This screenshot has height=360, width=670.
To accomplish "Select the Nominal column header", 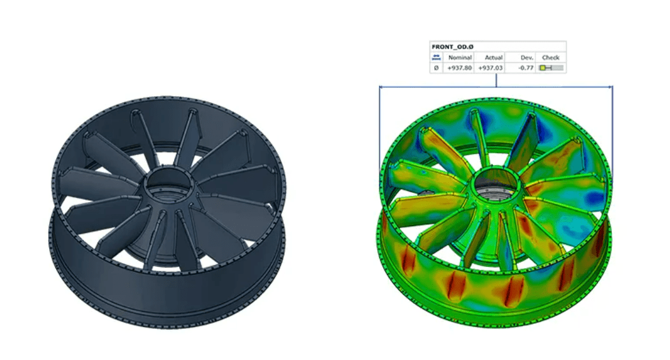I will [x=460, y=57].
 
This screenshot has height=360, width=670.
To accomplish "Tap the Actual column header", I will [x=493, y=57].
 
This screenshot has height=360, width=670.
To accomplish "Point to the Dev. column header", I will [x=526, y=57].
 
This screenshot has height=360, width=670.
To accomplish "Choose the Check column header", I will [x=550, y=57].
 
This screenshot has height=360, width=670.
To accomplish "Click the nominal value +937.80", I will [x=460, y=68].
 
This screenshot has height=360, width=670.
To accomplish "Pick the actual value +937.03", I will [x=490, y=68].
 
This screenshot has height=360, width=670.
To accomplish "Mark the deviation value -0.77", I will [x=523, y=68].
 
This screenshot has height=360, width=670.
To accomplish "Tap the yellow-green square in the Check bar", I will [x=543, y=68].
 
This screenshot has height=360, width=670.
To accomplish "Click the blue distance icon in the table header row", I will [x=436, y=57].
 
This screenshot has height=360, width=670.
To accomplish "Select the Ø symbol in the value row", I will [x=436, y=68].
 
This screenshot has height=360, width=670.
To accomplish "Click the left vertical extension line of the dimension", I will [x=379, y=127].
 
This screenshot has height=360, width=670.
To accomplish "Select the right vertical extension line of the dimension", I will [x=613, y=127].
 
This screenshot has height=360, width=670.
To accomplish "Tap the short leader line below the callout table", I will [x=496, y=80].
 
